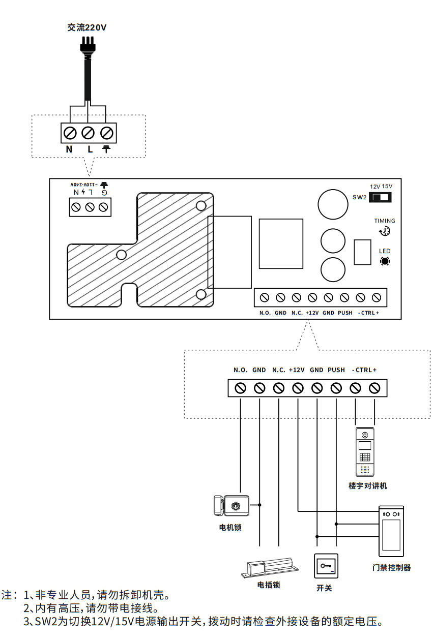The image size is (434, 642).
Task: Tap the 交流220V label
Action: point(87,28)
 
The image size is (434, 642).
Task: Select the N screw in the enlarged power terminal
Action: point(71,133)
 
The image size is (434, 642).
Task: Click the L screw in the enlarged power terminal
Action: point(89,133)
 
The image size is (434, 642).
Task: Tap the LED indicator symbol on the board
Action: point(385,261)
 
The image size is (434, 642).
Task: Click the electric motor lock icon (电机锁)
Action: point(232,506)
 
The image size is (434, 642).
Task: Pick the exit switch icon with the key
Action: point(326,566)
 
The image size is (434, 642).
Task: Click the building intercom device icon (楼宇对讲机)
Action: point(365,452)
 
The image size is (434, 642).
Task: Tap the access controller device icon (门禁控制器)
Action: point(391,531)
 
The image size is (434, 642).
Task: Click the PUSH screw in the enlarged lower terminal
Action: point(336,388)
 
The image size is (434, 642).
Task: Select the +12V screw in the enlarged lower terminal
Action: point(298,388)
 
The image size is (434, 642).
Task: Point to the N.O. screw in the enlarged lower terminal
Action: point(240,388)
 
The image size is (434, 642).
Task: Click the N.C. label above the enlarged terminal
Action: point(278,370)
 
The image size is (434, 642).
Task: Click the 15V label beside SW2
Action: point(387,186)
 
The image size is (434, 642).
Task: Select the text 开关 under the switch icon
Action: point(324,588)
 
